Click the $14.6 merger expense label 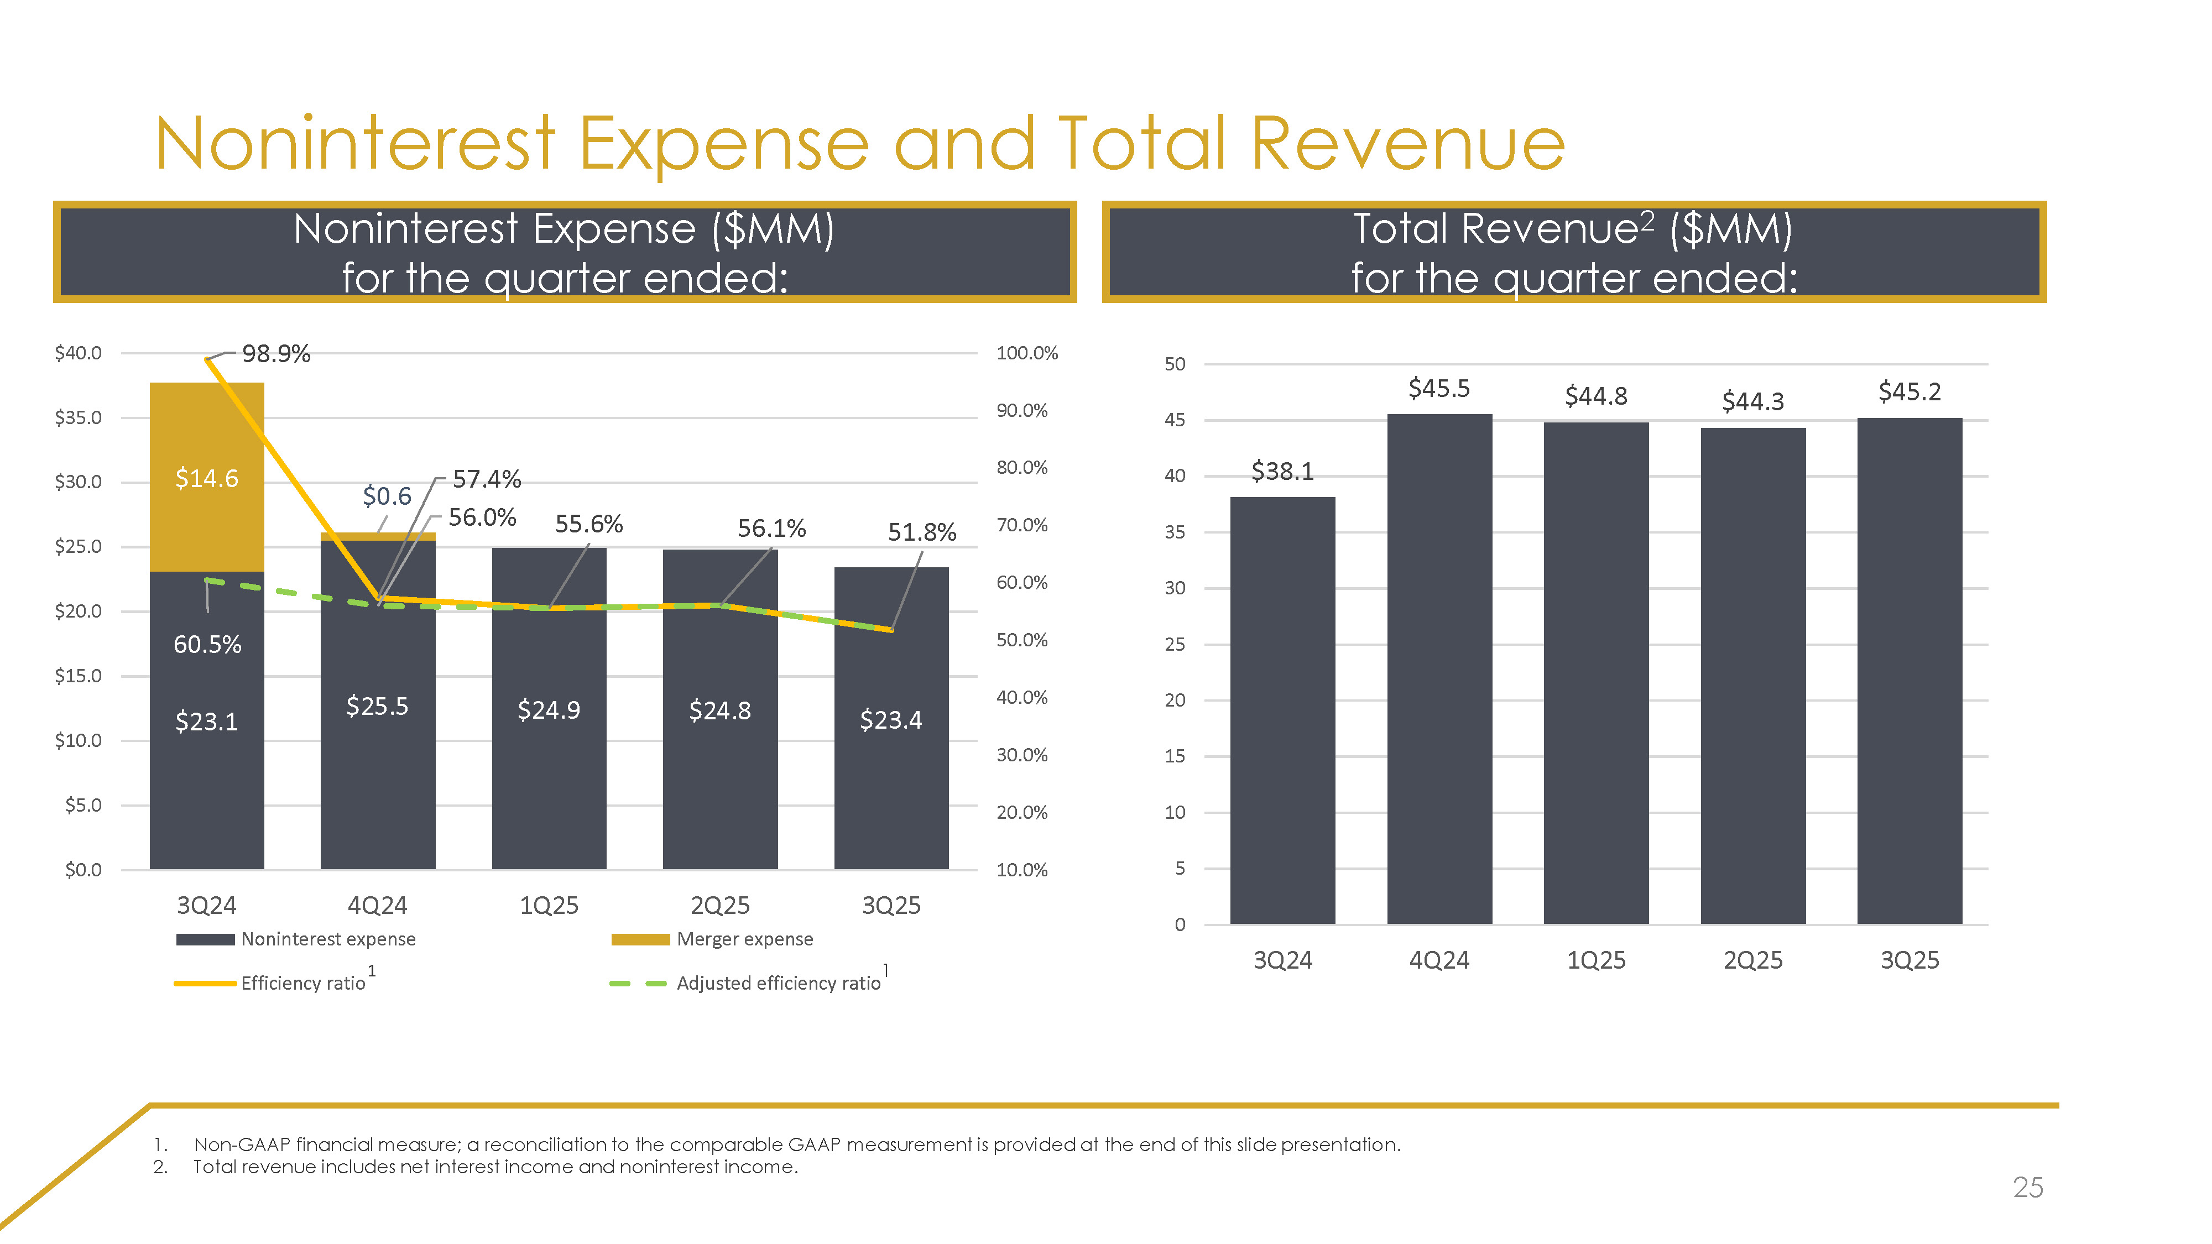point(206,478)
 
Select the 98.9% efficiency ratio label point(275,354)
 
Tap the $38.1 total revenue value point(1282,471)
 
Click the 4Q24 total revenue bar point(1439,670)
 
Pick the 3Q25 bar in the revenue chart point(1909,670)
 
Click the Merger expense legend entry point(744,939)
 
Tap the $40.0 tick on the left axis point(78,353)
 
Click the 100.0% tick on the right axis point(1027,353)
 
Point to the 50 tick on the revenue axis point(1175,364)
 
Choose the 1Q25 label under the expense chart point(549,906)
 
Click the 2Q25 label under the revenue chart point(1752,960)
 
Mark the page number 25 point(2027,1188)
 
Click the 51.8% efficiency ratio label point(921,532)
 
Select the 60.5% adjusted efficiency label point(207,644)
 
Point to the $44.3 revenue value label point(1752,401)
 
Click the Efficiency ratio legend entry point(302,983)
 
